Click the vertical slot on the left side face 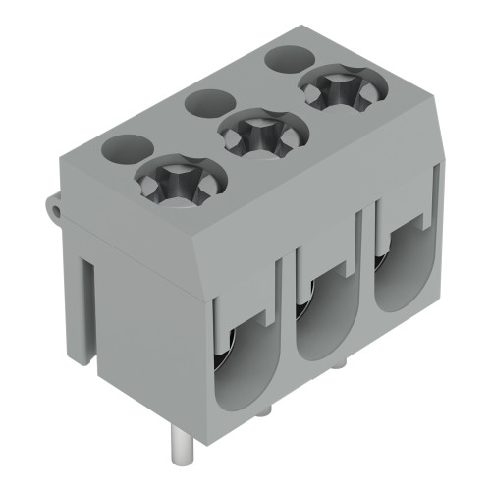point(86,304)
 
